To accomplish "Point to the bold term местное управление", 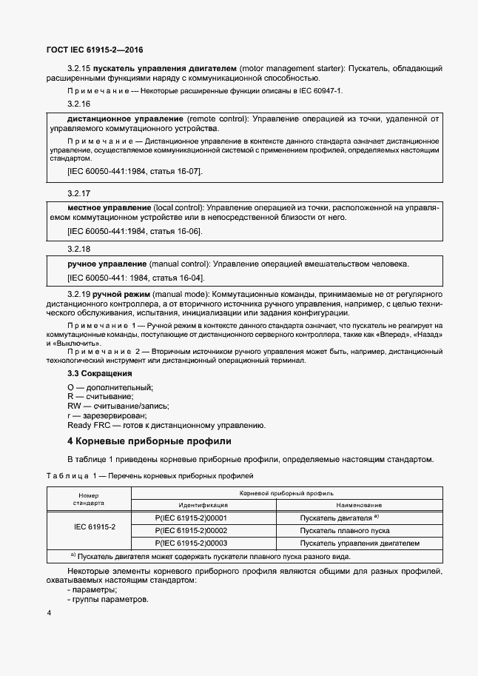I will coord(109,207).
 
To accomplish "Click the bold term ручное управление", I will coord(107,264).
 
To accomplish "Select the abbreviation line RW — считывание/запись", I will coord(118,406).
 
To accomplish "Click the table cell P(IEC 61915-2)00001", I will coord(191,518).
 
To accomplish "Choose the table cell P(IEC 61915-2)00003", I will coord(191,543).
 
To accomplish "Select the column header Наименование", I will coord(359,504).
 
